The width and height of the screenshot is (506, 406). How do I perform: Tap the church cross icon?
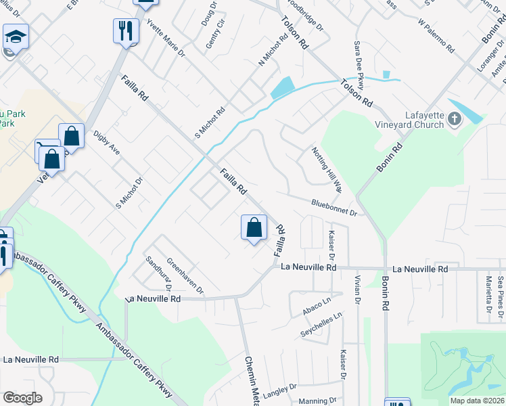pyautogui.click(x=454, y=120)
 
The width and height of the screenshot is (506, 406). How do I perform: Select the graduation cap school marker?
pyautogui.click(x=15, y=37)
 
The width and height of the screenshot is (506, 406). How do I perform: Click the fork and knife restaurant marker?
pyautogui.click(x=126, y=31)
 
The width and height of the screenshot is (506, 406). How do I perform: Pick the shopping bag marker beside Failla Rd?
pyautogui.click(x=254, y=227)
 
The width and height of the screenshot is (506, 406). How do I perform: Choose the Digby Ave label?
pyautogui.click(x=107, y=143)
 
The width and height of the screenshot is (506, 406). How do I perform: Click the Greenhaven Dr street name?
pyautogui.click(x=185, y=276)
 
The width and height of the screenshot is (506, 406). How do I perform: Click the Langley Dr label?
pyautogui.click(x=279, y=390)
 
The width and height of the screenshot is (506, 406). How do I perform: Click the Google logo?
pyautogui.click(x=22, y=398)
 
